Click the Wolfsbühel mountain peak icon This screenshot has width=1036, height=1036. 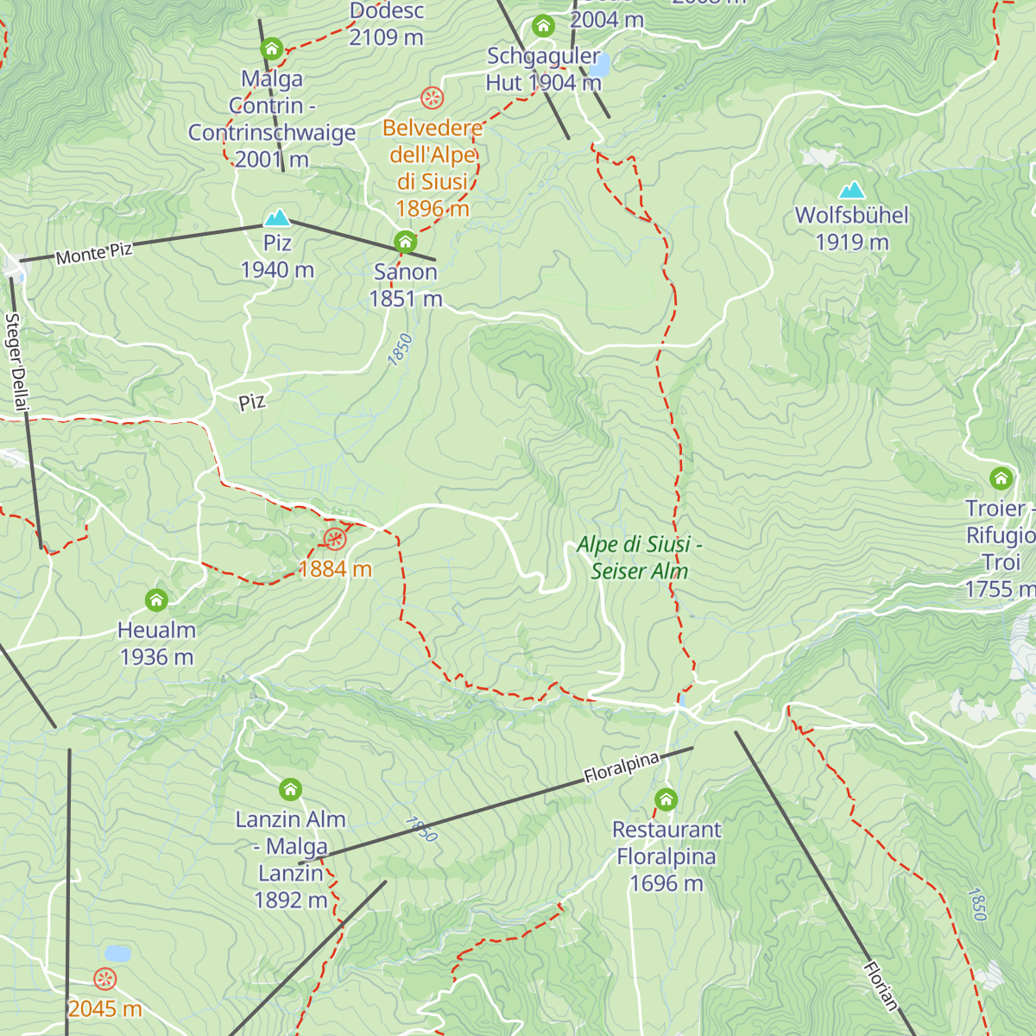(852, 190)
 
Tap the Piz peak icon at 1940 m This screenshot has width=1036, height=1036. (277, 217)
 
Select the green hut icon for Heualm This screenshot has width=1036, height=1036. (156, 599)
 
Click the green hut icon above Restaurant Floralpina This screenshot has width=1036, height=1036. (666, 799)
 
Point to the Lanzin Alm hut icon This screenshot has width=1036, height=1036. (291, 789)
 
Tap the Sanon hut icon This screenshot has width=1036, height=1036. (405, 241)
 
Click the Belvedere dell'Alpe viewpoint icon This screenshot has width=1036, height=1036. (432, 97)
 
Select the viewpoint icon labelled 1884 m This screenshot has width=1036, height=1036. (335, 540)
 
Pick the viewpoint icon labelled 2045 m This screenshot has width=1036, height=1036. (104, 979)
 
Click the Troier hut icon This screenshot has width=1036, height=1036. (1001, 477)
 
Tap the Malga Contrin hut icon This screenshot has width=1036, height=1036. (272, 48)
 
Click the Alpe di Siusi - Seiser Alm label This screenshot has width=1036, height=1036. (639, 558)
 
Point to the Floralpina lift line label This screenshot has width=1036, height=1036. (622, 768)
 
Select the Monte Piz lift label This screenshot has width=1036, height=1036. (94, 253)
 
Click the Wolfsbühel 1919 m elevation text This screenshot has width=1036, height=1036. (852, 243)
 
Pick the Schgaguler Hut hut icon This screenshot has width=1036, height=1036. (543, 26)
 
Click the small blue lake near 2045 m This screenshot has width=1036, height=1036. (117, 954)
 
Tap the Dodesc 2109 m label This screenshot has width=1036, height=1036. (387, 24)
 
